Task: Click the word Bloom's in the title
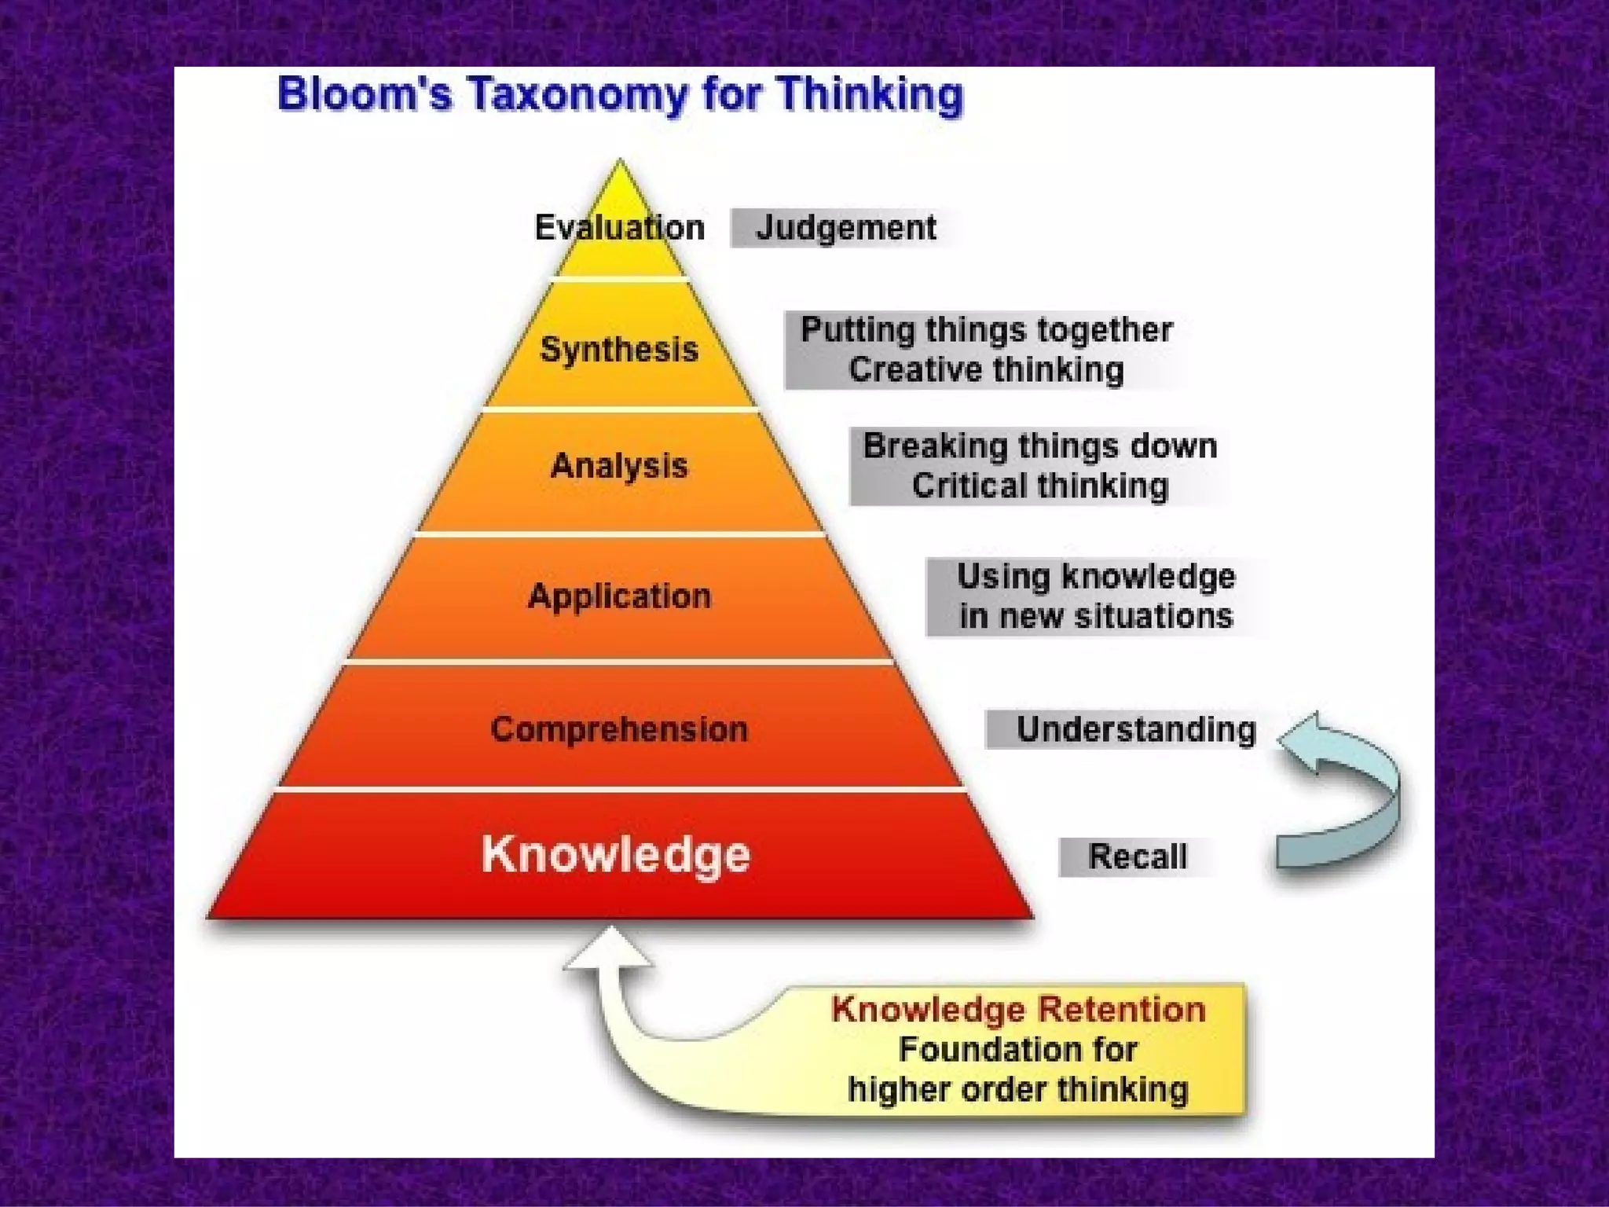[365, 94]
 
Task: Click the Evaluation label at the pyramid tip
[619, 228]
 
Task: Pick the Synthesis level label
[619, 349]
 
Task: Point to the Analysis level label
[619, 465]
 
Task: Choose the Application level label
[619, 596]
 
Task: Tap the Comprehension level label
[619, 729]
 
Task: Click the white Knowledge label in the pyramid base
[616, 855]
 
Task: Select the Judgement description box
[845, 228]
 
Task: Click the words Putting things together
[986, 330]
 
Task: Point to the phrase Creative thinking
[986, 369]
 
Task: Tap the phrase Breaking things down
[1040, 446]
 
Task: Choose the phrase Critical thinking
[1040, 486]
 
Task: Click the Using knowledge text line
[1096, 577]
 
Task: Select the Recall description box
[1137, 857]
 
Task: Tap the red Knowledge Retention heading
[1018, 1009]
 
